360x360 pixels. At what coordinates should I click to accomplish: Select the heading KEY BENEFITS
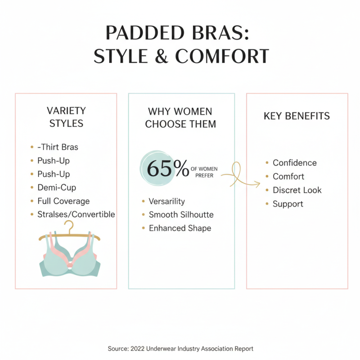pos(297,116)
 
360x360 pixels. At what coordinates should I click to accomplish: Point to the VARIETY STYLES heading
pos(67,117)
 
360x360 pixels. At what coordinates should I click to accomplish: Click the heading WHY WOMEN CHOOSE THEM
pos(180,117)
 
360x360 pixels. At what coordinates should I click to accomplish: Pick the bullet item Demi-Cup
pos(57,187)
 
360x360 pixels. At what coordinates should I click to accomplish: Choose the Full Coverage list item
pos(63,201)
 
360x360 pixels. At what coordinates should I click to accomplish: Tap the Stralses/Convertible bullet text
pos(76,214)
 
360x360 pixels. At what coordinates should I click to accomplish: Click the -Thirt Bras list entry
pos(58,147)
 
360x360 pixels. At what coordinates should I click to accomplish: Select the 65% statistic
pos(168,169)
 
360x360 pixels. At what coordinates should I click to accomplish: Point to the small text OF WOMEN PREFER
pos(204,172)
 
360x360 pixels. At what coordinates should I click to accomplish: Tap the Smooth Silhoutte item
pos(181,215)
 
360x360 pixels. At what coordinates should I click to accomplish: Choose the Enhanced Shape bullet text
pos(180,228)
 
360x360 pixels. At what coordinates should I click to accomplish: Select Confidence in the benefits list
pos(294,163)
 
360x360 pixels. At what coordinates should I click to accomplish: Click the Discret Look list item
pos(297,190)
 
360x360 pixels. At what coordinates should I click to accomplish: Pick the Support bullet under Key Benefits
pos(288,204)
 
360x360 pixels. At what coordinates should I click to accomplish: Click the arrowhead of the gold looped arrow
pos(258,183)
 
